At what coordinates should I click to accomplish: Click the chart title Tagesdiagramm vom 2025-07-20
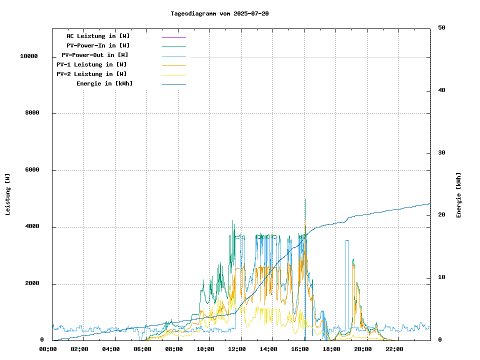coord(219,13)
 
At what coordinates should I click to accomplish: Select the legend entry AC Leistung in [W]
coord(98,36)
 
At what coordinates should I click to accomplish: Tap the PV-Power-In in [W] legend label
coord(98,45)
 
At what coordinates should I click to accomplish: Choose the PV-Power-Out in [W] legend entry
coord(94,55)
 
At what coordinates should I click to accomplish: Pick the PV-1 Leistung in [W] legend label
coord(91,64)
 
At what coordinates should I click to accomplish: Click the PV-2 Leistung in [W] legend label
coord(91,74)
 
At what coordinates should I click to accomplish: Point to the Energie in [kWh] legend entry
coord(104,83)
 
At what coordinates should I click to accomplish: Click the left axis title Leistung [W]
coord(7,194)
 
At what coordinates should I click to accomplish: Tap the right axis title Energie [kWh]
coord(458,195)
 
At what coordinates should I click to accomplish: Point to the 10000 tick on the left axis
coord(29,56)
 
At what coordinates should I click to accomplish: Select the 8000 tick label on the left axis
coord(32,113)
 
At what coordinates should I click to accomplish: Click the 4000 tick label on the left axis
coord(32,227)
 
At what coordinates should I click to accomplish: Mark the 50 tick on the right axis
coord(441,28)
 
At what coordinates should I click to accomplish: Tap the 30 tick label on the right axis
coord(441,153)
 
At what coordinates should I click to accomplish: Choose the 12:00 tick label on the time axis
coord(236,349)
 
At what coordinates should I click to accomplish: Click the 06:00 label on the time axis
coord(142,349)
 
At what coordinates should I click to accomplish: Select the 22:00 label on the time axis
coord(394,349)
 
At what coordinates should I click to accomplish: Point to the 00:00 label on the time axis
coord(48,349)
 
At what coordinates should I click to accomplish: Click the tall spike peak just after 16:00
coord(305,199)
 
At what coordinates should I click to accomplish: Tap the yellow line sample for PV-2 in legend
coord(173,75)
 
